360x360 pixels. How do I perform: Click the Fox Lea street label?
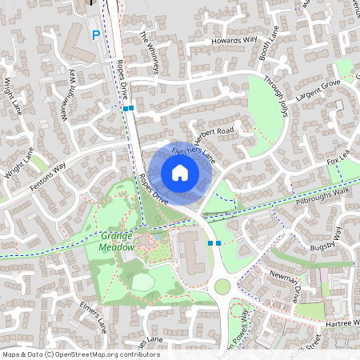coord(338,161)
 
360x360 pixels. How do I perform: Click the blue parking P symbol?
coord(96,34)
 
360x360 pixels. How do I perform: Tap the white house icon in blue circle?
coord(180,172)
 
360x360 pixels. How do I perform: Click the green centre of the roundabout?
coord(222,286)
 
